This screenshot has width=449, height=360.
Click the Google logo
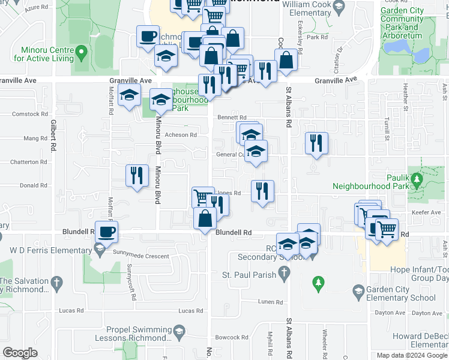click(20, 353)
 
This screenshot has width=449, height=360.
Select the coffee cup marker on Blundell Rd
click(107, 233)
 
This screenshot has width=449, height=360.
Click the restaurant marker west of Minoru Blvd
click(137, 176)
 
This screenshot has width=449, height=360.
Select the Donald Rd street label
click(33, 186)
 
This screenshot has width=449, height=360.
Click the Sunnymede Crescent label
click(140, 256)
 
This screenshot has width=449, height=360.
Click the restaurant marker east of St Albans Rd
click(316, 144)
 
